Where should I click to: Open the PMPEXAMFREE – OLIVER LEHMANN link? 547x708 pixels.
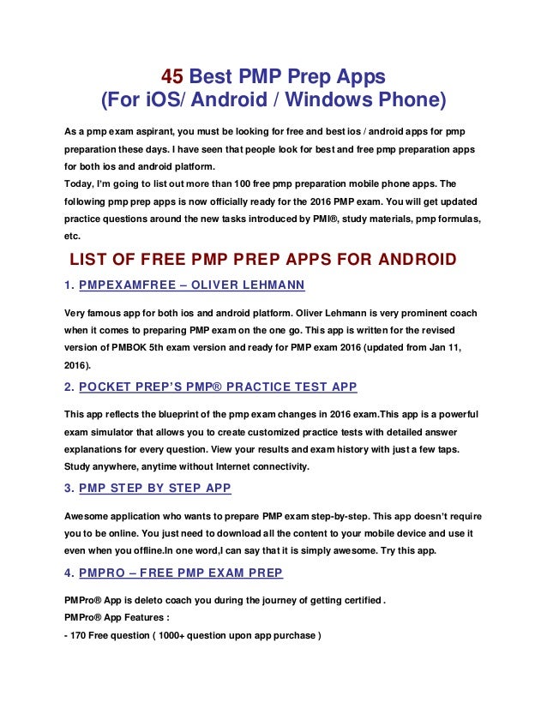pos(192,285)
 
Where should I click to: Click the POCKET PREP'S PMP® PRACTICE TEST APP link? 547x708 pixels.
pos(218,387)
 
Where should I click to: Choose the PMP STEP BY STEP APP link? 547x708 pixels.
pos(154,489)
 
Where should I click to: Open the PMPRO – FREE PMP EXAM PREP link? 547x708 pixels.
pos(181,572)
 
